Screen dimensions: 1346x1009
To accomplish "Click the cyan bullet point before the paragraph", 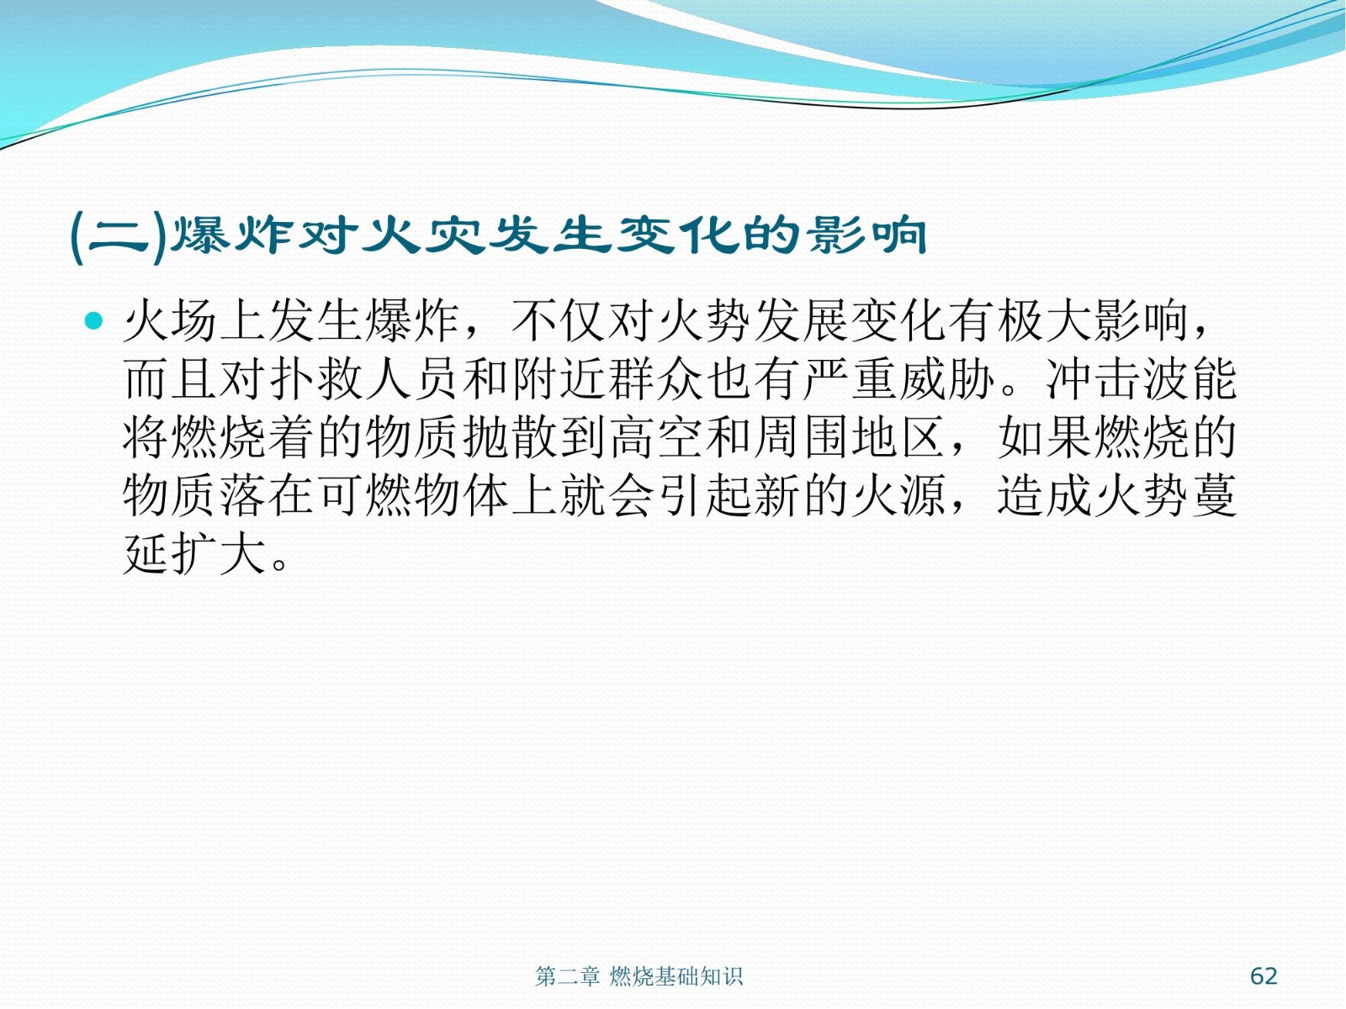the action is tap(94, 320).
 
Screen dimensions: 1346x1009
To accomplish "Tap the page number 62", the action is tap(1264, 975).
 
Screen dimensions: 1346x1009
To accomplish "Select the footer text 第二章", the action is tap(567, 976).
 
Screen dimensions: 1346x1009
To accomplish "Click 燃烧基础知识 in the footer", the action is tap(676, 976).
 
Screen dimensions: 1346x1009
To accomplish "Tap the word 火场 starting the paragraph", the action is tap(171, 320).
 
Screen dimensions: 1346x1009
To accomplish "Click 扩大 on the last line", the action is tap(219, 554).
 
